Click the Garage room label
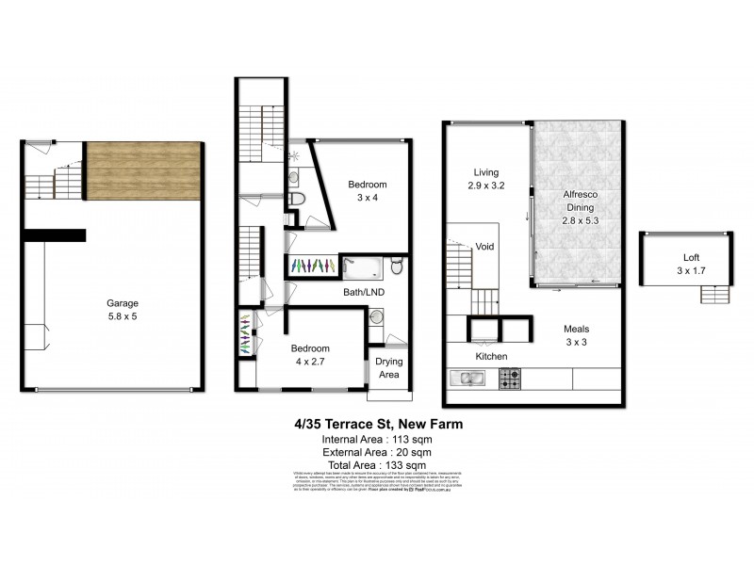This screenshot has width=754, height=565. [x=123, y=310]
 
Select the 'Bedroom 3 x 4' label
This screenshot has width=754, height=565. [x=367, y=191]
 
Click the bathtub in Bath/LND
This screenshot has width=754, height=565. [x=364, y=267]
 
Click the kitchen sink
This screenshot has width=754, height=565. [x=467, y=379]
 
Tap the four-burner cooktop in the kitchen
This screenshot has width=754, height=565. [x=510, y=379]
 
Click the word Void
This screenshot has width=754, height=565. [x=484, y=248]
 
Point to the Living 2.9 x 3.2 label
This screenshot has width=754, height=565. [x=485, y=179]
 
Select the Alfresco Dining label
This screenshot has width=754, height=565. [x=579, y=204]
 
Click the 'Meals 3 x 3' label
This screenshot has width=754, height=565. [x=576, y=335]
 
